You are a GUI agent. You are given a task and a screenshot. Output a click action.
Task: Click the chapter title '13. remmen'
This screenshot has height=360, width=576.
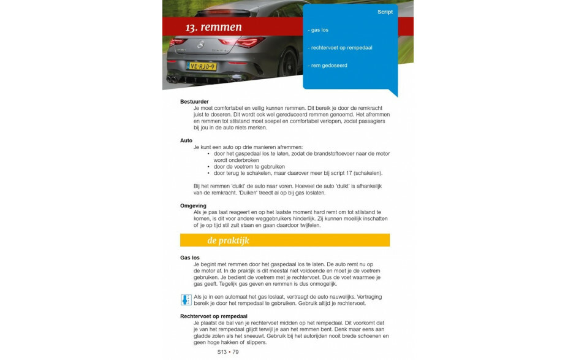click(213, 28)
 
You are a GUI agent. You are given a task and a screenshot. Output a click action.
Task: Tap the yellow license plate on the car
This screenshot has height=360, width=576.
click(202, 66)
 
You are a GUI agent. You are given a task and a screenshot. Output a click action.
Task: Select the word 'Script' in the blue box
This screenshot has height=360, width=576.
click(385, 12)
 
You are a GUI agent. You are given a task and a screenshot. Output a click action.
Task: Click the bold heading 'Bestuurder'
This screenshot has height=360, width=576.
click(194, 102)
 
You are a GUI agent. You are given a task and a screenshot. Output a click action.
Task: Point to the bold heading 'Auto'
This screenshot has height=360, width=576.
click(186, 140)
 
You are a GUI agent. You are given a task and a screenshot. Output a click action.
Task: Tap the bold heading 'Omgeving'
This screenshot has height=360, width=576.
click(193, 206)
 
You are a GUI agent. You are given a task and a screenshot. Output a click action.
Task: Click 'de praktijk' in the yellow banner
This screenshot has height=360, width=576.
click(228, 240)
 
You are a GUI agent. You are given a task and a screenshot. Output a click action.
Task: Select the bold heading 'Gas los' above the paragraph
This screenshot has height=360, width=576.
click(190, 258)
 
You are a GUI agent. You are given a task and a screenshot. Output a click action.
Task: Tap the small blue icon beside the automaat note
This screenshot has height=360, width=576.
click(186, 300)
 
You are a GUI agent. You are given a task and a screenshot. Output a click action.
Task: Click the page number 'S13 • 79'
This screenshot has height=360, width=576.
click(227, 352)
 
